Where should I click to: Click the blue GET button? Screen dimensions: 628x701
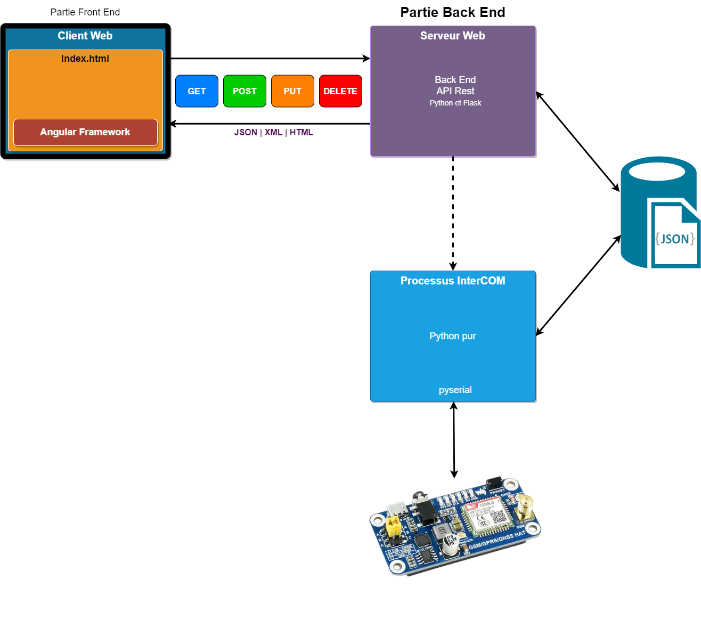click(x=197, y=91)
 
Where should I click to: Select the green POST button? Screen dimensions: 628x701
click(x=244, y=91)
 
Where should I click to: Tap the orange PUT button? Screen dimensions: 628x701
click(x=292, y=91)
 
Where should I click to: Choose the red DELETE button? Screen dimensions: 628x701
click(x=340, y=91)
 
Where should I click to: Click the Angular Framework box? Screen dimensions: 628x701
click(x=85, y=132)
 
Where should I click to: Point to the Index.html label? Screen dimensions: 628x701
click(x=85, y=59)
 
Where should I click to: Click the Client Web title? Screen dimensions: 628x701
click(x=85, y=36)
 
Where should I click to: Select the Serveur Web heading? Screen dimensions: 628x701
click(x=452, y=36)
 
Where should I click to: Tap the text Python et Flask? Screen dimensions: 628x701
click(x=455, y=103)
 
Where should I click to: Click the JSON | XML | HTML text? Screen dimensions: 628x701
click(x=274, y=132)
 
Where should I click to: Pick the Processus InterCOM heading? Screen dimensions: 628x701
click(x=453, y=281)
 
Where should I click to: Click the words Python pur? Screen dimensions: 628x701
click(x=453, y=336)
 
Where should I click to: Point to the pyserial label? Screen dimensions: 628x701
click(x=455, y=390)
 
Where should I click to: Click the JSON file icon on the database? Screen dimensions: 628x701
click(x=674, y=237)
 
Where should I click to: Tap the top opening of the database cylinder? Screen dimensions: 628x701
click(x=657, y=172)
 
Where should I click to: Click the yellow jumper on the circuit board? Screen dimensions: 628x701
click(x=395, y=527)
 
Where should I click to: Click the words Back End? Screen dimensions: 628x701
click(x=455, y=80)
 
